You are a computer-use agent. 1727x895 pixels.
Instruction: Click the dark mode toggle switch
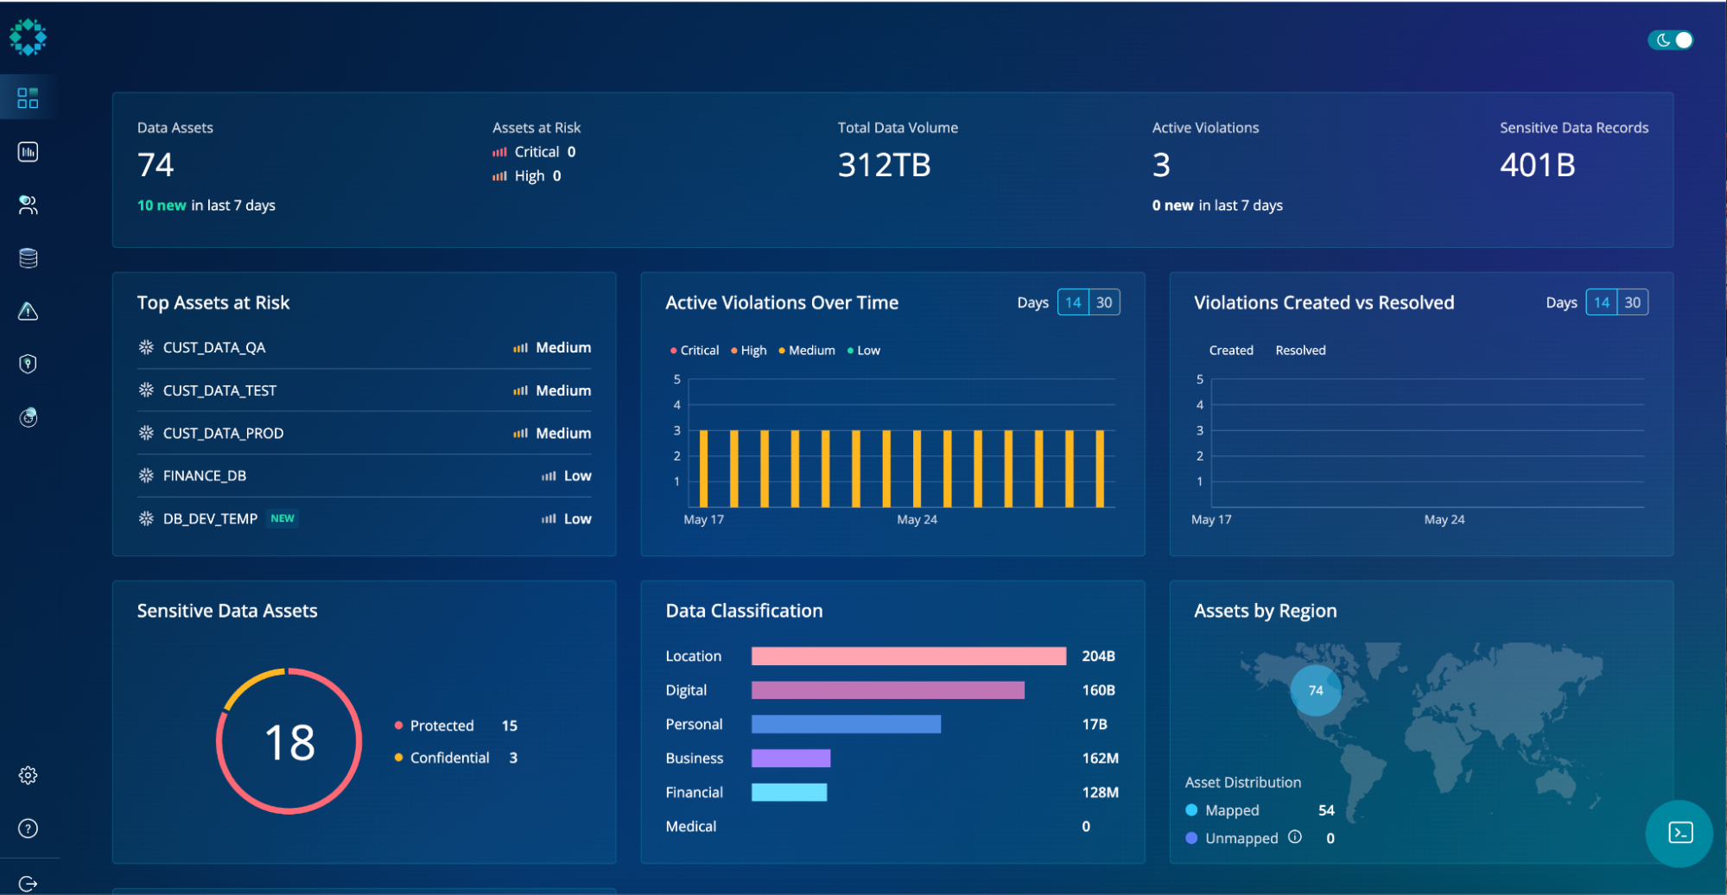(x=1671, y=40)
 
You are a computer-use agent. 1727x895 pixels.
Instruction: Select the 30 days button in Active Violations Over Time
(x=1104, y=302)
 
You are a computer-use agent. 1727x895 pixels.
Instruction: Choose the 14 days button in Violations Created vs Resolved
(x=1601, y=302)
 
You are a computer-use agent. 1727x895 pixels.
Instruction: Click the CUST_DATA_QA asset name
(x=213, y=347)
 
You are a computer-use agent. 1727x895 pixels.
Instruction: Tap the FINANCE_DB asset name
(x=204, y=476)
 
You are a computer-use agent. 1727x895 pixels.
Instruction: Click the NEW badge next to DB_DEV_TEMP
(x=283, y=518)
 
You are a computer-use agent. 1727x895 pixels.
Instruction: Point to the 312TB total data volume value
(x=884, y=165)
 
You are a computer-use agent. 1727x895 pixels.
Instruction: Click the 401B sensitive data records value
(x=1537, y=165)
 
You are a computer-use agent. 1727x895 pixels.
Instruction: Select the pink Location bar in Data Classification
(x=908, y=657)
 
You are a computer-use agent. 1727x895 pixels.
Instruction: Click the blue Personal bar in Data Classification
(x=846, y=724)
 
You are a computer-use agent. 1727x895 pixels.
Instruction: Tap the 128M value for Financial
(x=1100, y=792)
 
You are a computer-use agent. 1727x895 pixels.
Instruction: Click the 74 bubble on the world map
(x=1315, y=690)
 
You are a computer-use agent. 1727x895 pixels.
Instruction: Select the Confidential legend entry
(x=449, y=758)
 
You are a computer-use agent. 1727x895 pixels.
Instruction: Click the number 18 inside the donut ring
(x=289, y=742)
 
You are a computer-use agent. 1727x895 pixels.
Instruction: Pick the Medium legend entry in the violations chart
(x=810, y=350)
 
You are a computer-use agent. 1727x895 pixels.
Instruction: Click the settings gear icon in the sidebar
(x=28, y=776)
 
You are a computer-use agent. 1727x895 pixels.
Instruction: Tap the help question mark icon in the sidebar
(x=28, y=828)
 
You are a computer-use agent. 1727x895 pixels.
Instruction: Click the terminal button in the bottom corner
(x=1679, y=833)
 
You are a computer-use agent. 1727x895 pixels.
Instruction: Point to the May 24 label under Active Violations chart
(x=917, y=519)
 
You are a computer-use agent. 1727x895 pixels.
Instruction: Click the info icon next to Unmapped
(x=1294, y=836)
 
